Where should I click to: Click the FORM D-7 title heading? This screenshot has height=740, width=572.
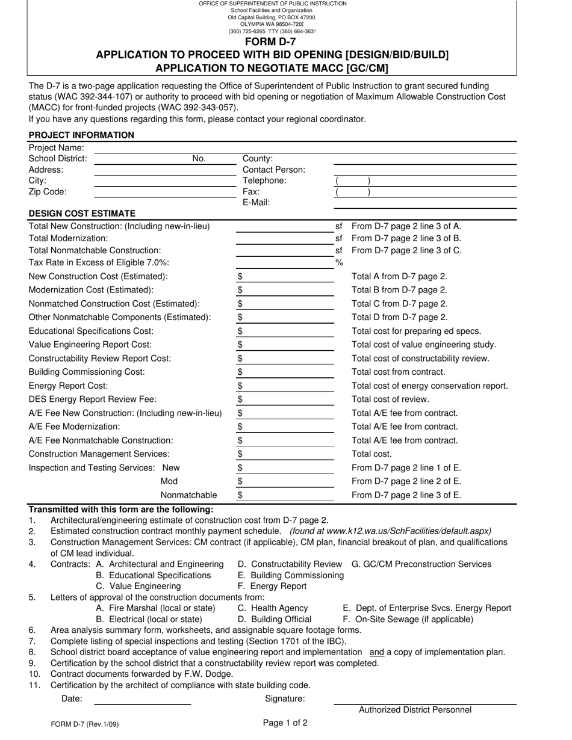coord(270,42)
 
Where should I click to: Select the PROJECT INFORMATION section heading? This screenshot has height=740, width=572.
coord(81,135)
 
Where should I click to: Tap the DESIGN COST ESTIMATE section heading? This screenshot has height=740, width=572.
coord(82,213)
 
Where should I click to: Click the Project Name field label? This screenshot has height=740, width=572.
coord(56,148)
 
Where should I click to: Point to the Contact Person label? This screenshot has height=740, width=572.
coord(273,170)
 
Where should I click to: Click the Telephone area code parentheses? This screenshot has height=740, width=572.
coord(352,181)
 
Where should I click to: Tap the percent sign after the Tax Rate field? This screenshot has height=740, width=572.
coord(339,262)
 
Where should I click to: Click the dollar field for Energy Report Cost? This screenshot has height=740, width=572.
coord(285,386)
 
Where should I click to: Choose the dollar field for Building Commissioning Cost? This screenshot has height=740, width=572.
coord(285,372)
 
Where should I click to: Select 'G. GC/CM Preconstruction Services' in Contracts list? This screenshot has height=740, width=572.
coord(421,564)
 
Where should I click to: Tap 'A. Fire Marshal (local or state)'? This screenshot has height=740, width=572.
coord(155,608)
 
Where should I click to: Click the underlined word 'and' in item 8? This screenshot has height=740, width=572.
coord(376,652)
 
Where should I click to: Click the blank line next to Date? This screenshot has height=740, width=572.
coord(142,700)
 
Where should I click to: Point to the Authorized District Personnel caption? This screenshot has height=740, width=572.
coord(415,710)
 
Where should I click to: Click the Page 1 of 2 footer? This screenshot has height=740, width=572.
coord(285,723)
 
